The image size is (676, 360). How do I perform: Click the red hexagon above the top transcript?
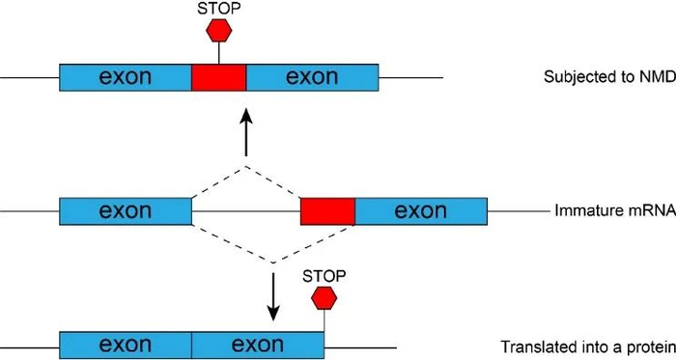click(x=219, y=30)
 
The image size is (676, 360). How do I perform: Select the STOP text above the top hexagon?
click(x=219, y=8)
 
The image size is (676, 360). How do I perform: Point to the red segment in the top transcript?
click(x=219, y=77)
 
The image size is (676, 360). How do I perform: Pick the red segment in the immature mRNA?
click(x=327, y=211)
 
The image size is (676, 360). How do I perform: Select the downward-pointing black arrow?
click(x=273, y=297)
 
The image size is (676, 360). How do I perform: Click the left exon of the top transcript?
click(x=126, y=77)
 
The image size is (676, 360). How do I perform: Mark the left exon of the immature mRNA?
click(x=126, y=211)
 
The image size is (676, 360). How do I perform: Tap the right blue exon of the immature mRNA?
click(x=421, y=211)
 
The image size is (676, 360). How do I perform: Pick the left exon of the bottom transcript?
click(x=126, y=345)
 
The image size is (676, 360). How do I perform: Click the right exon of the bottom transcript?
click(x=257, y=345)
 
